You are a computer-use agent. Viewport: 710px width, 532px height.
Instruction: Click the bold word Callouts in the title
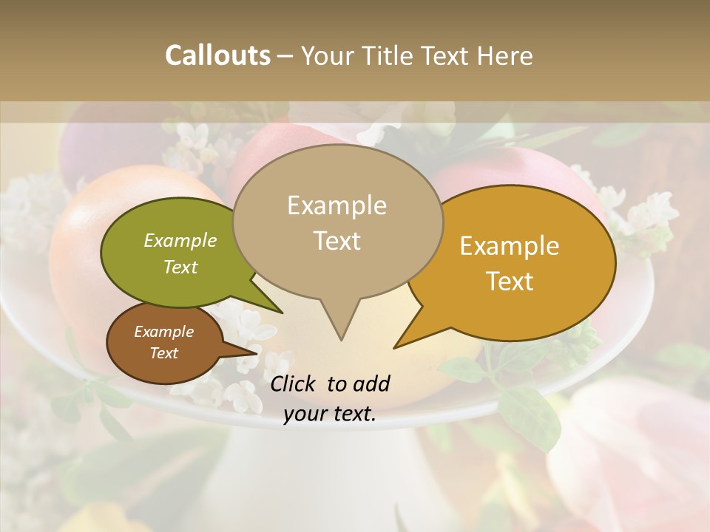[x=217, y=55]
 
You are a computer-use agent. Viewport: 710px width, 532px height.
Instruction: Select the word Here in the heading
[x=505, y=55]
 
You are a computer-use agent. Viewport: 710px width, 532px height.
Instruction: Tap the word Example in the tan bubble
[x=337, y=205]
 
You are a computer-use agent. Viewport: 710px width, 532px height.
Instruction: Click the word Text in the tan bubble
[x=337, y=240]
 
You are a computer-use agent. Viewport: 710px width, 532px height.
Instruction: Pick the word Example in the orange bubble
[x=510, y=246]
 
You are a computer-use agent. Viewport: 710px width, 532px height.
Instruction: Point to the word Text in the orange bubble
[x=510, y=282]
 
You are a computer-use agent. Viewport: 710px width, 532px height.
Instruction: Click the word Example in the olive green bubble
[x=180, y=240]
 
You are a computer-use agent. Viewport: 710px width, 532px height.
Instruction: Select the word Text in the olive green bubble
[x=180, y=267]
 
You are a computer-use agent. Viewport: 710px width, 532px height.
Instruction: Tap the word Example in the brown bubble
[x=163, y=332]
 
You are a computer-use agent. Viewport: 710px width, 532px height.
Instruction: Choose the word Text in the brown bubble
[x=163, y=353]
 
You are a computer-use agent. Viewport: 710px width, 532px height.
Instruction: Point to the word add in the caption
[x=371, y=383]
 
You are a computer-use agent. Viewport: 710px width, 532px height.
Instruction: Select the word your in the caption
[x=304, y=415]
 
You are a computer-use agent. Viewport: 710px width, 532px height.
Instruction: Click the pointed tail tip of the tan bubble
[x=341, y=340]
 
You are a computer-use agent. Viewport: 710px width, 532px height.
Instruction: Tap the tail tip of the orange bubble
[x=394, y=347]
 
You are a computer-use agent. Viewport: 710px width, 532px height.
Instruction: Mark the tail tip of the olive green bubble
[x=283, y=313]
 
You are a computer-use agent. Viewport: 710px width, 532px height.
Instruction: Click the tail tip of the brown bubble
[x=258, y=351]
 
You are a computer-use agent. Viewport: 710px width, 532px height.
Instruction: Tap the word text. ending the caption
[x=354, y=415]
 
